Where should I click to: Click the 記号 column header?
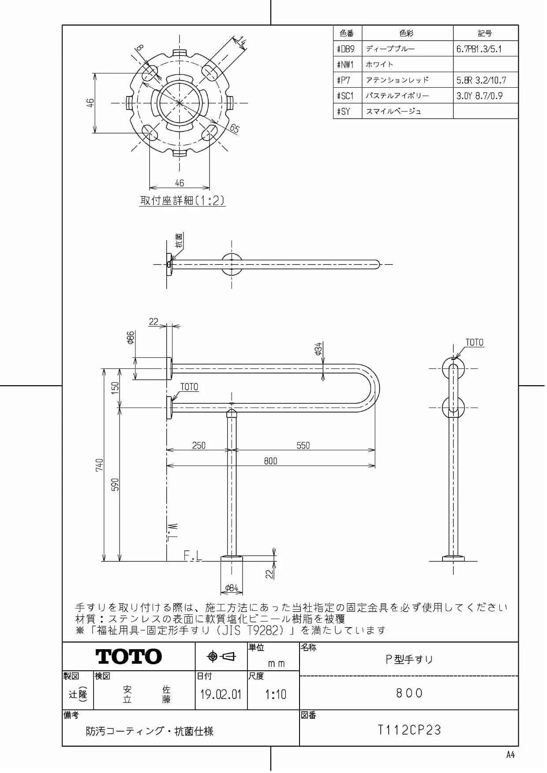pyautogui.click(x=485, y=33)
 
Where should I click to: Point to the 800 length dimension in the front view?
pyautogui.click(x=271, y=461)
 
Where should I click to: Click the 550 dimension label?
pyautogui.click(x=303, y=446)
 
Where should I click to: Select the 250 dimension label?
pyautogui.click(x=199, y=446)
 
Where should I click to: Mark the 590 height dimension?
pyautogui.click(x=115, y=485)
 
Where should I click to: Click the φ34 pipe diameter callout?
pyautogui.click(x=318, y=349)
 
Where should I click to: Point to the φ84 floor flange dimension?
pyautogui.click(x=232, y=588)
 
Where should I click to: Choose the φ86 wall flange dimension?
pyautogui.click(x=131, y=338)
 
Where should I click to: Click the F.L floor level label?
pyautogui.click(x=193, y=556)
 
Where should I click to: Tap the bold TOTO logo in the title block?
pyautogui.click(x=129, y=656)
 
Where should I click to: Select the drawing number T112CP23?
pyautogui.click(x=409, y=730)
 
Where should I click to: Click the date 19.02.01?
pyautogui.click(x=221, y=695)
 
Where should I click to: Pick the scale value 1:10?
pyautogui.click(x=276, y=695)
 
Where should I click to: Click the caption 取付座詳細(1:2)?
pyautogui.click(x=183, y=201)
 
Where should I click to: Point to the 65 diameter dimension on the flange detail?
pyautogui.click(x=234, y=129)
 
